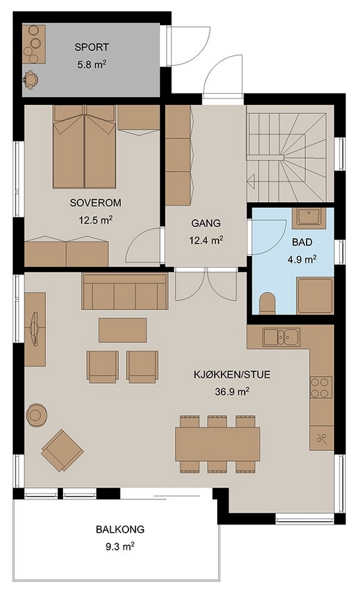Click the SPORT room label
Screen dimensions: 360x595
pos(92,47)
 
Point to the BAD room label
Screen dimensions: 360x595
pos(302,242)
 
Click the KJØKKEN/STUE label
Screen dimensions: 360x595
pos(232,375)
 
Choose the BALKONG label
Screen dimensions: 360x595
pos(120,529)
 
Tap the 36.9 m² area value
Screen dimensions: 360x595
pos(232,392)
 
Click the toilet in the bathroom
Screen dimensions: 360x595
pos(268,303)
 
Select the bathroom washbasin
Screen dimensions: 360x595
pos(309,218)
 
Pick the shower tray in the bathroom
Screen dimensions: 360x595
pos(315,296)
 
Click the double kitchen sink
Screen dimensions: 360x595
pos(281,337)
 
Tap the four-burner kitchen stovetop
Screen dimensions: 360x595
pos(321,387)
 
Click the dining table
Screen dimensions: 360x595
pos(218,444)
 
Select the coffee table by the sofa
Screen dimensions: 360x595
pos(122,330)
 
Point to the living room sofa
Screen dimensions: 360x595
pos(125,291)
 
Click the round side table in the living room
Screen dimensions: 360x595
pos(37,414)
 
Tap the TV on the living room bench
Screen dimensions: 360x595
pos(35,329)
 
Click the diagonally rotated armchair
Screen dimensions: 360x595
pos(62,450)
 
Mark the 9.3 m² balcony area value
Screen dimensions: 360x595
pos(120,546)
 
